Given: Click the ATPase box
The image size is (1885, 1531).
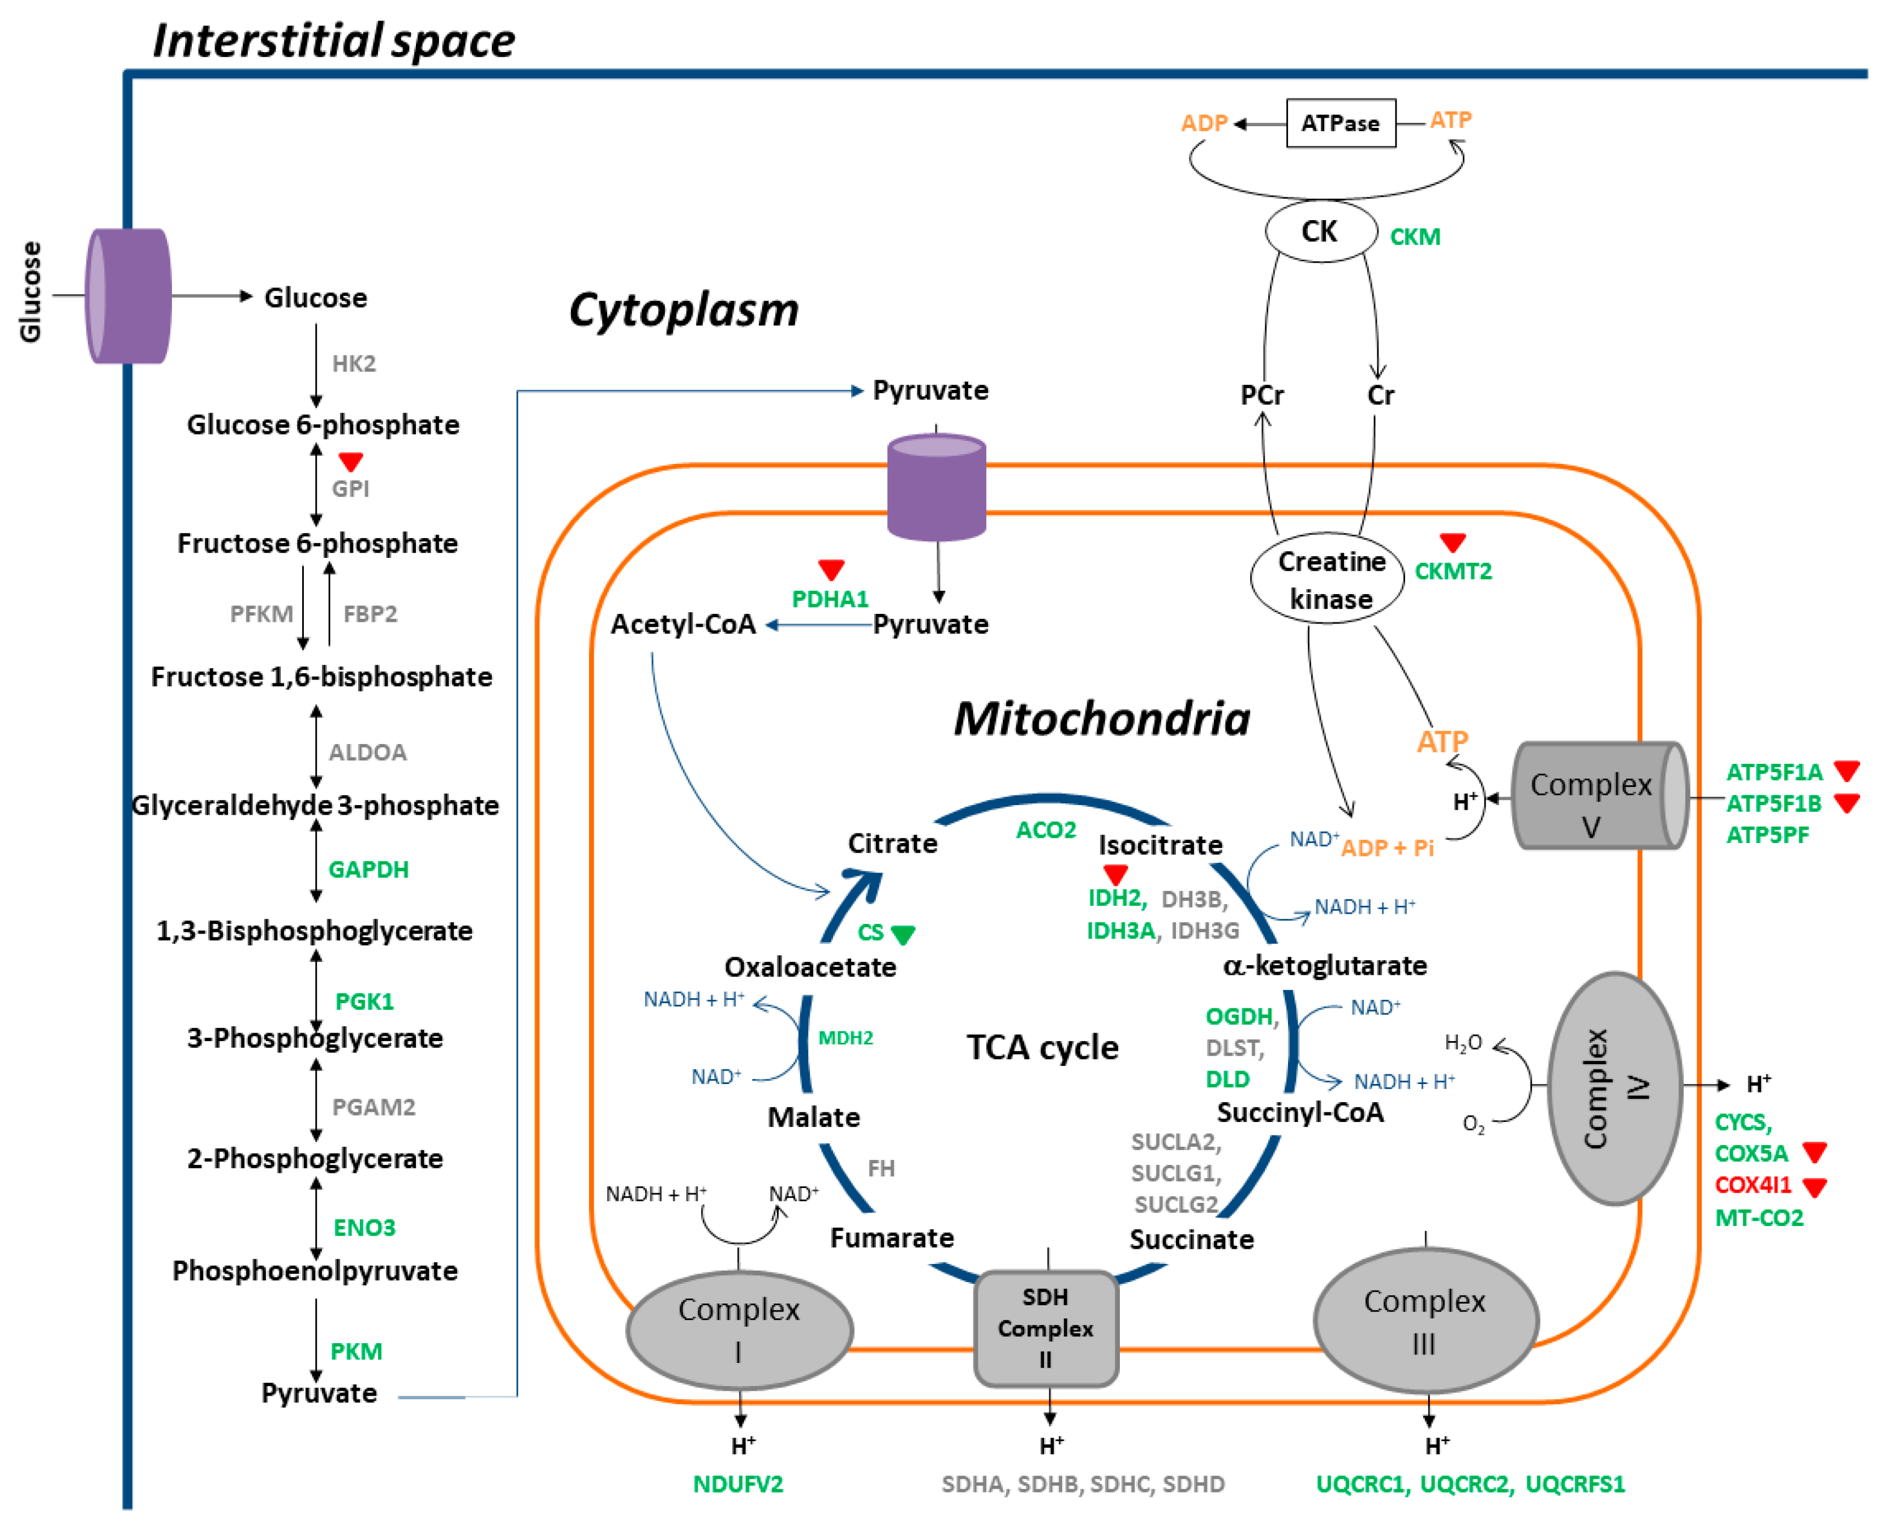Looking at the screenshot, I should (1340, 123).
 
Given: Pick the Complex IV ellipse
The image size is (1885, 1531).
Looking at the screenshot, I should (1614, 1089).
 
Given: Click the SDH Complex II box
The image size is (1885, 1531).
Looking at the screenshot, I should (1045, 1328).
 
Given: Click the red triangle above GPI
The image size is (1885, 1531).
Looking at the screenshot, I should (351, 461).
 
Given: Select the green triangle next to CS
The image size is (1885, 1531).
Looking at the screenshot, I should (903, 934).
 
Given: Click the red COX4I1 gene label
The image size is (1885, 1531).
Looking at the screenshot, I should (1753, 1184).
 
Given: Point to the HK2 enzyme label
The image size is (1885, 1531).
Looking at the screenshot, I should (354, 363).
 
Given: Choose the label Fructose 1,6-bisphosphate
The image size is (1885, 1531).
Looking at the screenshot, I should (321, 677).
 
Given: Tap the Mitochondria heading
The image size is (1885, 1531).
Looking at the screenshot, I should (1102, 719).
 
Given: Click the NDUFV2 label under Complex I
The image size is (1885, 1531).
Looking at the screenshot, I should (737, 1484).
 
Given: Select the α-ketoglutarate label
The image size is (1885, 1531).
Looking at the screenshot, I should (1324, 966).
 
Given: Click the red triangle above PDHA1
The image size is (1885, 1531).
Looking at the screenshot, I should (831, 569).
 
